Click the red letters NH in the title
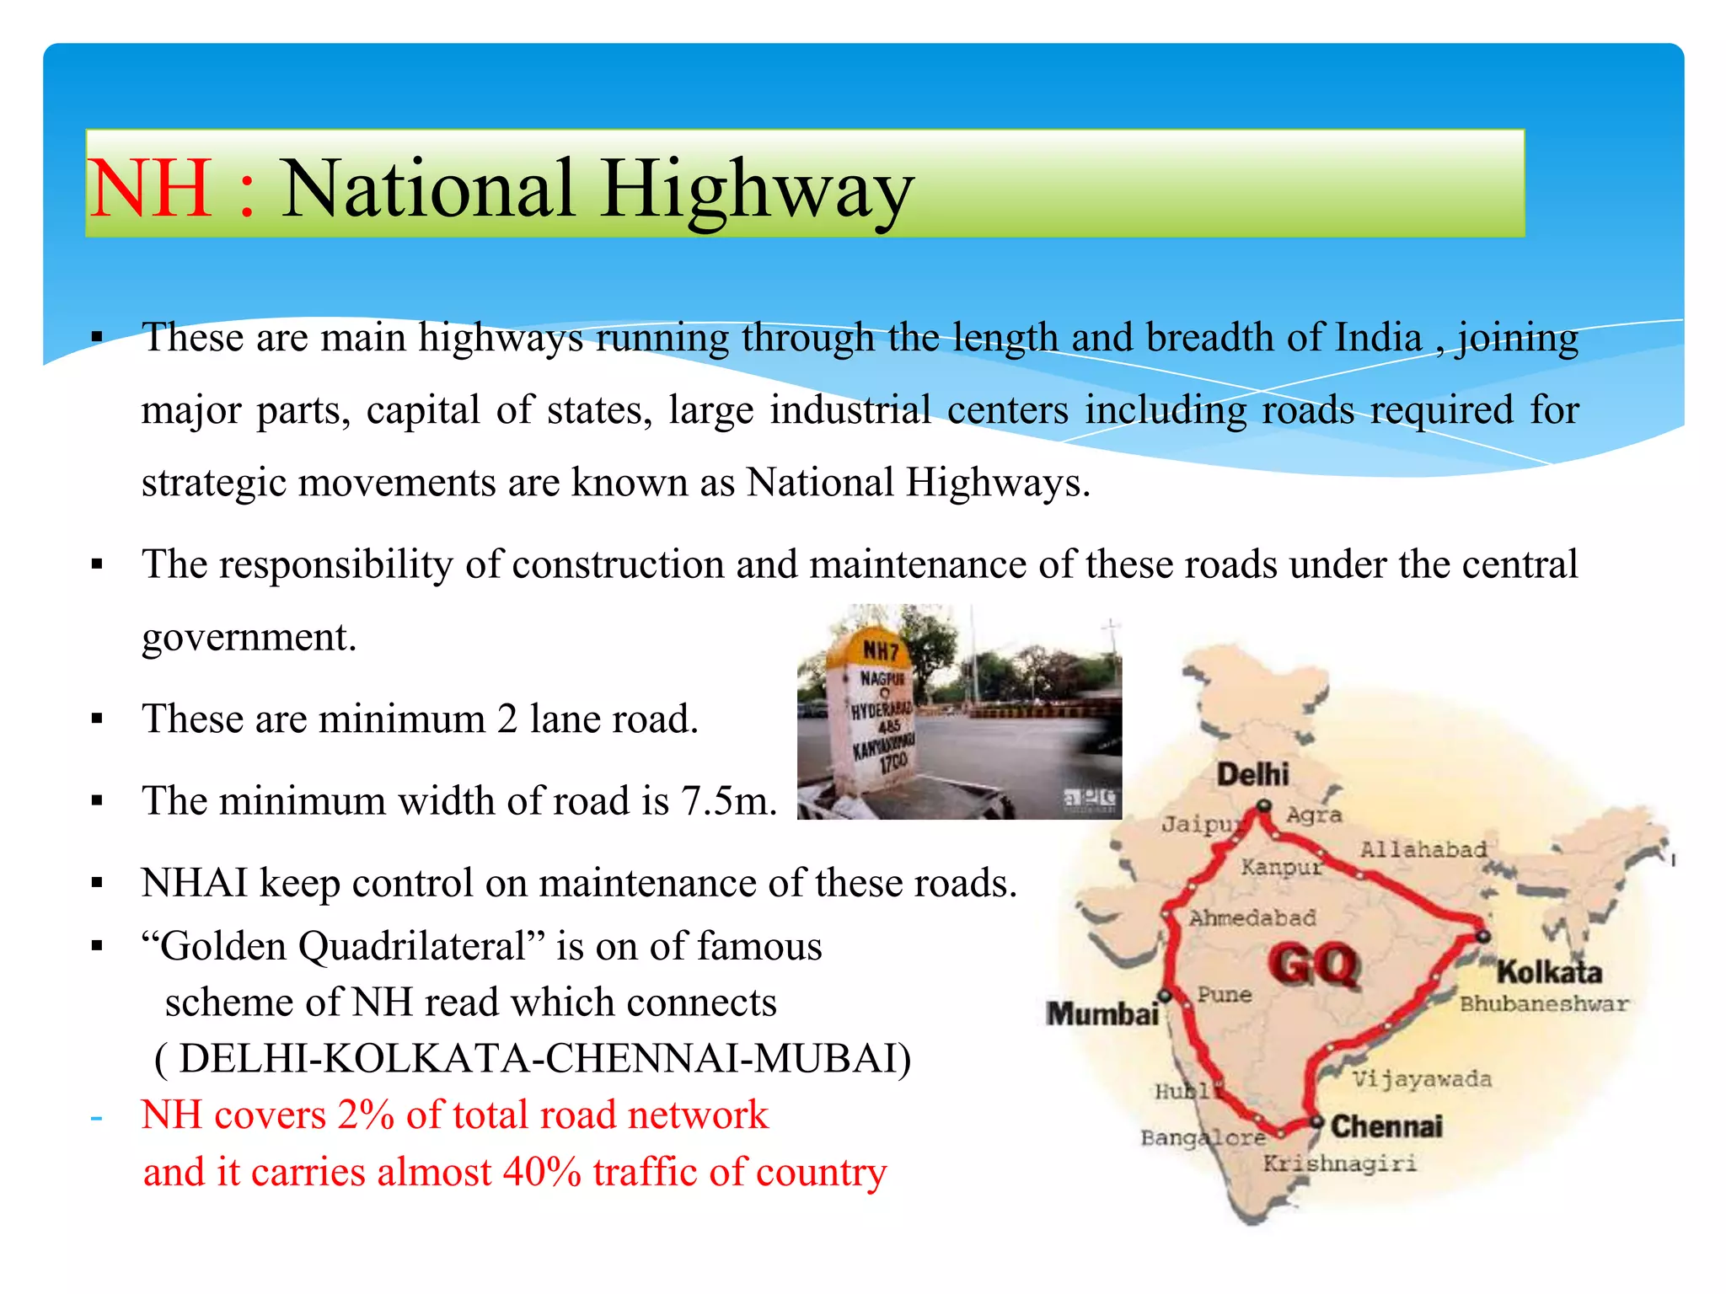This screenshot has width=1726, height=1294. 150,189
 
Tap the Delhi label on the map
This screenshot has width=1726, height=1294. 1252,774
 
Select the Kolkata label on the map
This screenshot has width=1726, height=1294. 1549,972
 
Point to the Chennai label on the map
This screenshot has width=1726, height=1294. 1386,1126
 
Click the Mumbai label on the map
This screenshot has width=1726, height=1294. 1102,1013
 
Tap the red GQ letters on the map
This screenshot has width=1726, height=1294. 1315,965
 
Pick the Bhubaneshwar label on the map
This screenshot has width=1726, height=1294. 1544,1004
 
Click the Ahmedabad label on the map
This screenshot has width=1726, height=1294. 1252,917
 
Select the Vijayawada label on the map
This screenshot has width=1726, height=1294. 1422,1079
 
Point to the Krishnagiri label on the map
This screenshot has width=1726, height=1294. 1339,1163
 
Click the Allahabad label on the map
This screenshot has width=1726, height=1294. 1423,849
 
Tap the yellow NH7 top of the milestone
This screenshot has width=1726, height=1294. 880,650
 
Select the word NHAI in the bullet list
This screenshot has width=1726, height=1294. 195,883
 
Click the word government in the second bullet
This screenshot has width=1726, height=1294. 249,637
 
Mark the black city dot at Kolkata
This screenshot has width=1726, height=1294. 1483,936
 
